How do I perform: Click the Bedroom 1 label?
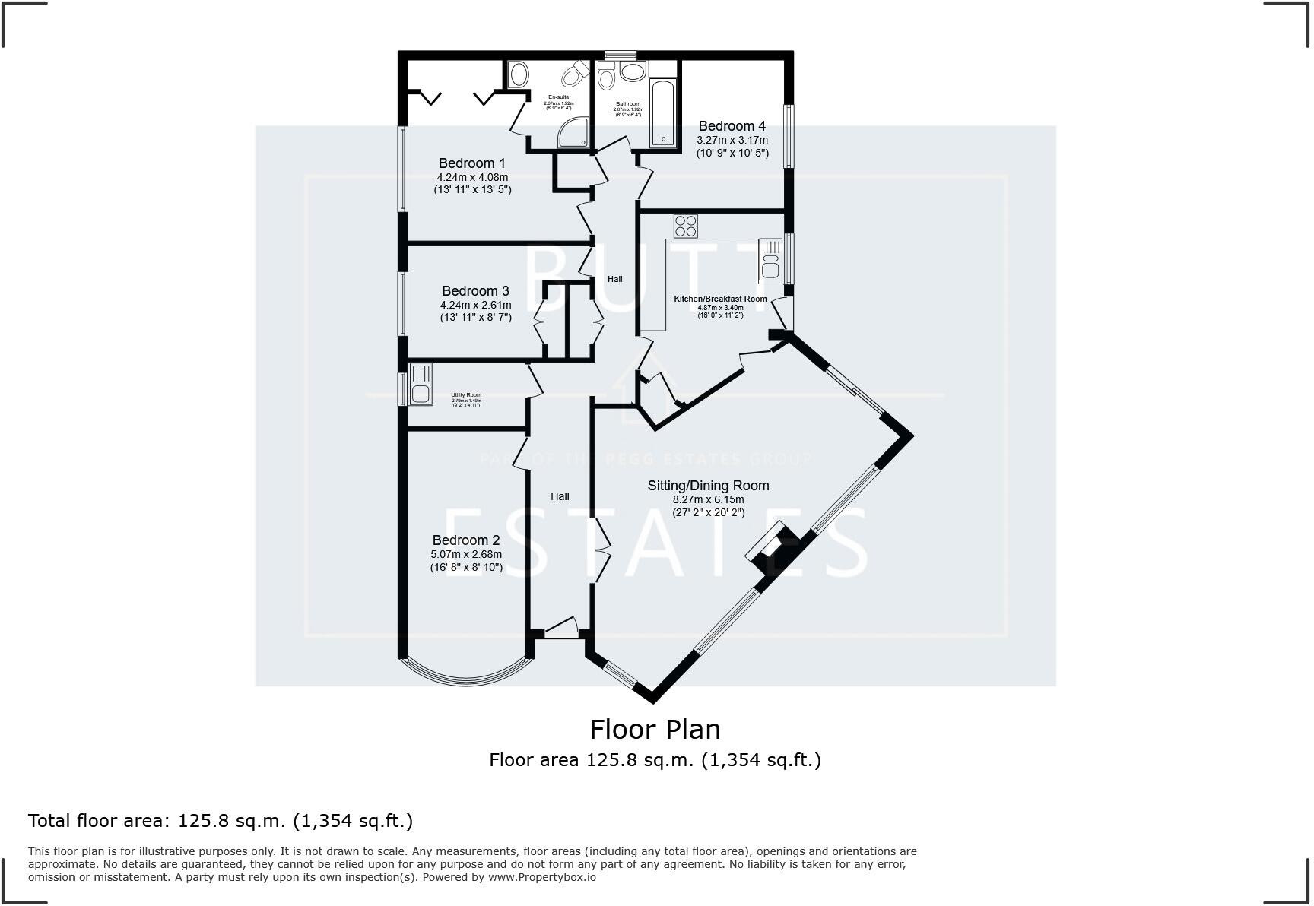[471, 163]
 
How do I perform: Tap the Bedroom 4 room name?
[732, 126]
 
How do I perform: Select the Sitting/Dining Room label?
[708, 486]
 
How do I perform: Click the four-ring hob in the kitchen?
[685, 226]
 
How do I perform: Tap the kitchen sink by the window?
[770, 260]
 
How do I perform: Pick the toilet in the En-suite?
[575, 75]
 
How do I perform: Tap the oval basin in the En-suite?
[519, 74]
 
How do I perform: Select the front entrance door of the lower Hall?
[561, 628]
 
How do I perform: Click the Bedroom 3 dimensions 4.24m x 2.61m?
[475, 305]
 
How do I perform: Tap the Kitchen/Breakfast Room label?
[720, 299]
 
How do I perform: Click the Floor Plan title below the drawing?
[655, 729]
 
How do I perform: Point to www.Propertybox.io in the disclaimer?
[541, 877]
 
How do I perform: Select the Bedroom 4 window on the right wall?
[789, 135]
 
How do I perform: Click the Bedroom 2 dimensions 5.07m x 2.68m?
[466, 554]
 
